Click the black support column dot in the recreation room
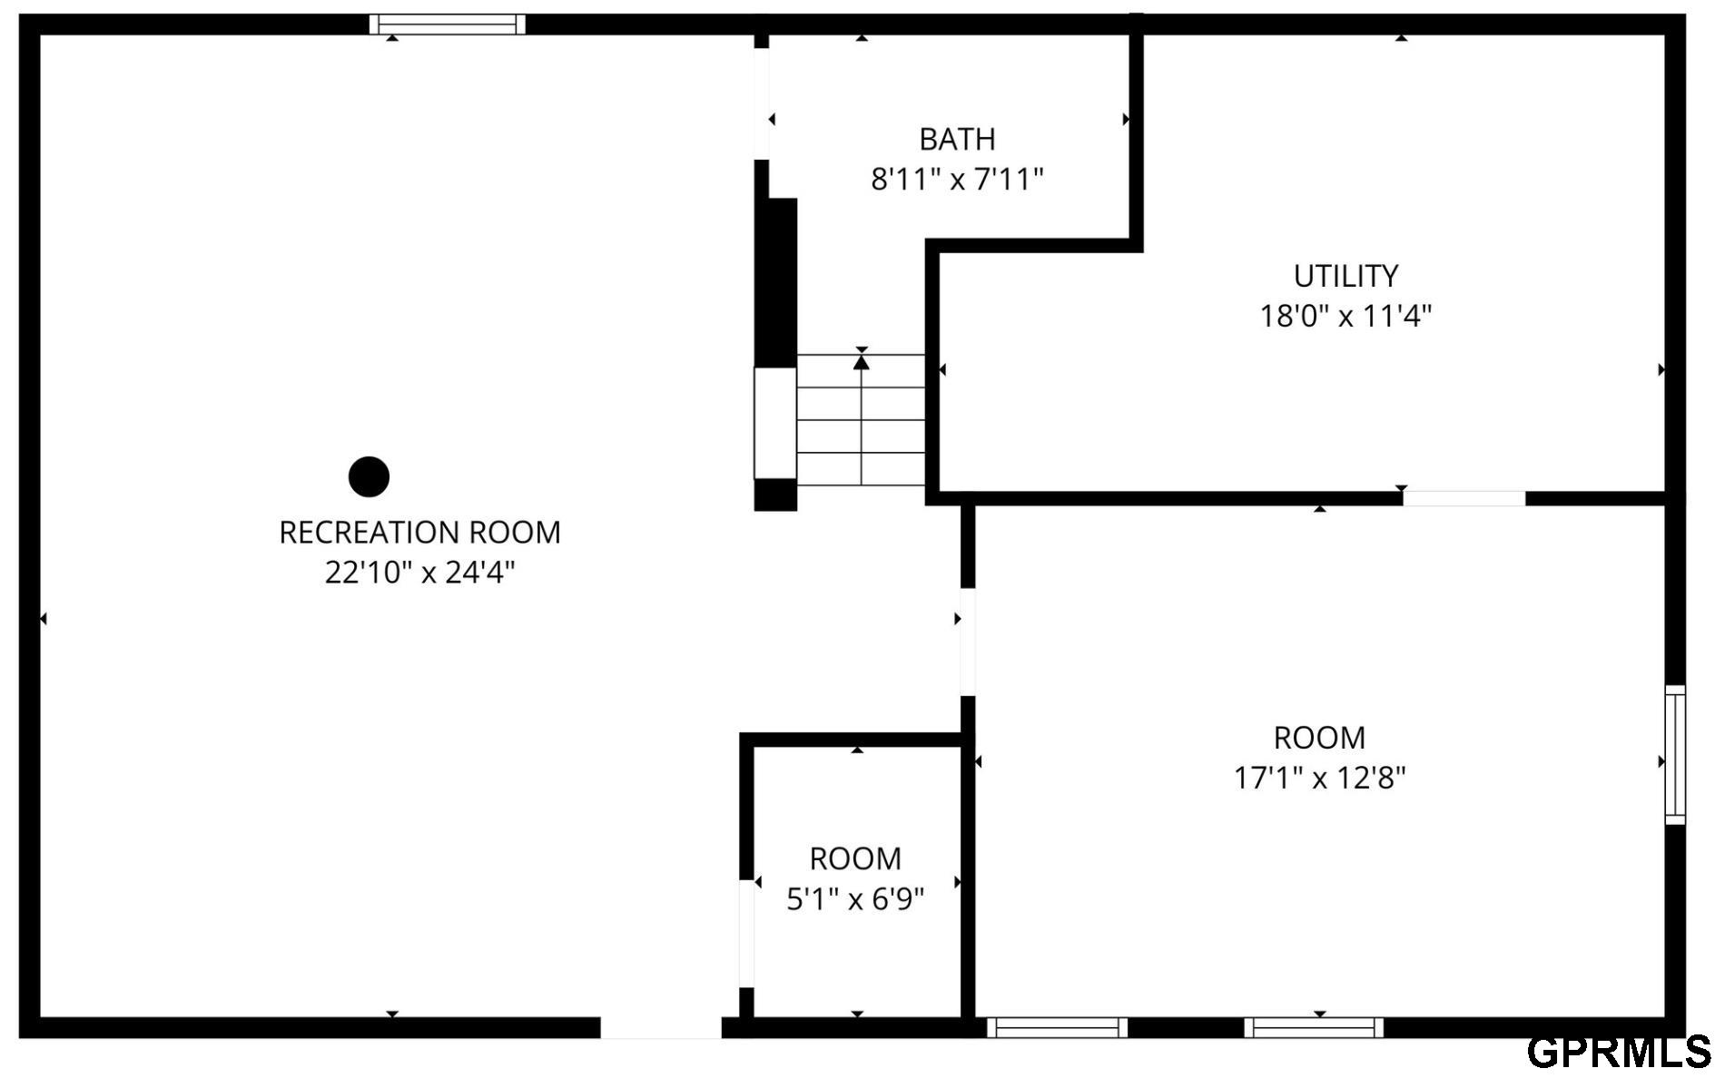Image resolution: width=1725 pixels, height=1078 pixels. click(369, 476)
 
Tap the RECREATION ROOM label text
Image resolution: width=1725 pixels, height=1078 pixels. click(419, 533)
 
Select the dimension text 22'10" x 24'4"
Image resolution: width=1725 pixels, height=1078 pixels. click(419, 573)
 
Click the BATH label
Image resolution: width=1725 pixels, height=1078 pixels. click(957, 140)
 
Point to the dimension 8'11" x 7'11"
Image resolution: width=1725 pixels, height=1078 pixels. click(957, 180)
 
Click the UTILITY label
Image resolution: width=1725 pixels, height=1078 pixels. click(1345, 276)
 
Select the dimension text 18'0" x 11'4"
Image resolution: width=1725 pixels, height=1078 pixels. click(1345, 316)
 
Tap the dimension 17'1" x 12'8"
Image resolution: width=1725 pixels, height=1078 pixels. click(1319, 778)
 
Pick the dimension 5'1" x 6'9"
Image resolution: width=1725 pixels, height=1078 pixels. click(855, 899)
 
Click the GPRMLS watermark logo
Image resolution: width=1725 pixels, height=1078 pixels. click(1619, 1052)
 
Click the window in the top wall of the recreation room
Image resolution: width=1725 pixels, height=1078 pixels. click(448, 24)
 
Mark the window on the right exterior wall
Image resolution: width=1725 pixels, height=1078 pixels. click(1675, 755)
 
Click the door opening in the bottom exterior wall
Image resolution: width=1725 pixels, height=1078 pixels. click(661, 1027)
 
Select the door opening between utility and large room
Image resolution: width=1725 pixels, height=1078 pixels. click(1464, 498)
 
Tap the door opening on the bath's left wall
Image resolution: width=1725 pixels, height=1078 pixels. click(762, 103)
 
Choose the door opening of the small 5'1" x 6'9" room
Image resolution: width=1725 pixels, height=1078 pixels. click(746, 933)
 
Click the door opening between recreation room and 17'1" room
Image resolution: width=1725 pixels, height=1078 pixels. click(968, 642)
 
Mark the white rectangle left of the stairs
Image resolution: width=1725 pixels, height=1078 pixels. click(775, 423)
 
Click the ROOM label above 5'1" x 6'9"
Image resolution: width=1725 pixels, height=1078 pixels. click(855, 858)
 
